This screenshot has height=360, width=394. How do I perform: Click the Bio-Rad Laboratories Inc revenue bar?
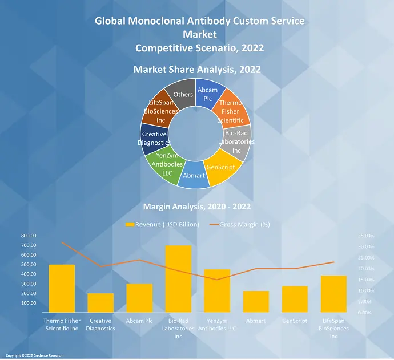tap(178, 280)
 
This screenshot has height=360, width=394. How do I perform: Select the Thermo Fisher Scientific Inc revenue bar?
tap(62, 289)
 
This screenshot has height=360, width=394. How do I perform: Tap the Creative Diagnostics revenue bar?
tap(100, 303)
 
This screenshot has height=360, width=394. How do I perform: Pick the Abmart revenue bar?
tap(256, 302)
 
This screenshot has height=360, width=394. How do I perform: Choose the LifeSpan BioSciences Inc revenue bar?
tap(334, 294)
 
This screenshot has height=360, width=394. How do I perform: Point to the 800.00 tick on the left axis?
tap(29, 236)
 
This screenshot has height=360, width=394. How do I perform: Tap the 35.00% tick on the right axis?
tap(366, 236)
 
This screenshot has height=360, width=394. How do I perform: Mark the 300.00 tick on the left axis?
tap(29, 284)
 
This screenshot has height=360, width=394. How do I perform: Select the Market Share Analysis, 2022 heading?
tap(197, 70)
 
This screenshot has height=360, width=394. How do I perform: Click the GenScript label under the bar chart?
tap(295, 321)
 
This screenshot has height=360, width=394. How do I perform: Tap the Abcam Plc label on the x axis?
tap(139, 321)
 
